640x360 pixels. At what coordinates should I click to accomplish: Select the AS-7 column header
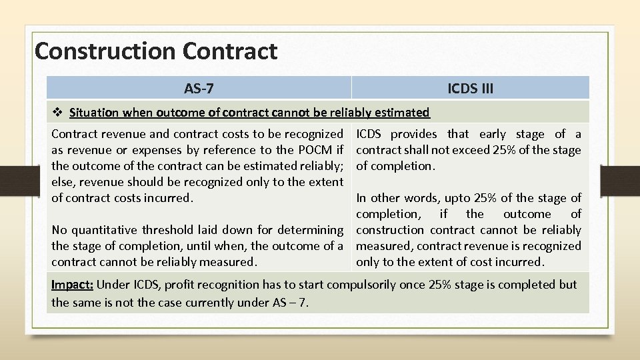[199, 88]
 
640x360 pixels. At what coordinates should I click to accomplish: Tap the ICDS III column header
[470, 88]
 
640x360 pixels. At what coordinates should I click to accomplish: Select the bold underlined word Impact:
[73, 284]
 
